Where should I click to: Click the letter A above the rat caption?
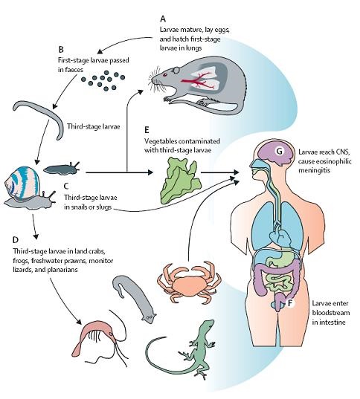tap(163, 19)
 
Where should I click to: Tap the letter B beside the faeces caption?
tap(61, 49)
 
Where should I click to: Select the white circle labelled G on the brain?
tap(280, 151)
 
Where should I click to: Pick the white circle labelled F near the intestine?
tap(290, 303)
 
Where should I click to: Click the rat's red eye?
tap(165, 75)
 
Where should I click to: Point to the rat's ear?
tap(176, 70)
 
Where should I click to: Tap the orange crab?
tap(189, 282)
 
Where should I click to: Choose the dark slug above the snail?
tap(61, 169)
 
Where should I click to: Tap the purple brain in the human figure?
tap(276, 152)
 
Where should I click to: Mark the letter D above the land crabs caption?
tap(16, 240)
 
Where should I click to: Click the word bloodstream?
tap(331, 313)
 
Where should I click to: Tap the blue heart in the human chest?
tap(280, 236)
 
